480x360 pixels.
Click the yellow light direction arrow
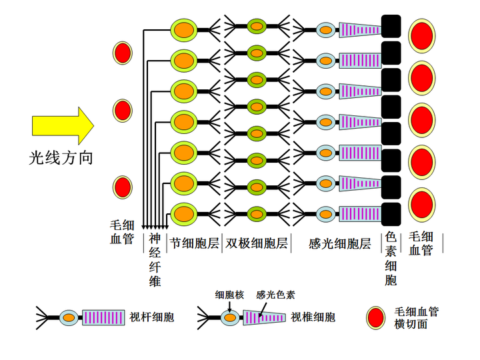pos(63,125)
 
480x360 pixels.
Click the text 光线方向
pos(61,158)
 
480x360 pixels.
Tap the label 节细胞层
pos(195,243)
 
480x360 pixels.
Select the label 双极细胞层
pos(257,243)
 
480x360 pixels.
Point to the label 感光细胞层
pos(340,244)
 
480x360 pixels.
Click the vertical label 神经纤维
pos(155,260)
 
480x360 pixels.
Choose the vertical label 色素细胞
pos(391,259)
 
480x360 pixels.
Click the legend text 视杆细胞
pos(152,317)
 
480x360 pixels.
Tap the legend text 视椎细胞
pos(313,317)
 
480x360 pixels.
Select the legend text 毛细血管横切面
pos(416,318)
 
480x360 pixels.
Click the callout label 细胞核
pos(229,295)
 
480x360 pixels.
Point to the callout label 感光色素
pos(275,295)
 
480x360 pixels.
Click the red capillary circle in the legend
pos(376,318)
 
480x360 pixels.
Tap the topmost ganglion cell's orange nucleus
pos(184,30)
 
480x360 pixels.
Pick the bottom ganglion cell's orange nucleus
pos(184,214)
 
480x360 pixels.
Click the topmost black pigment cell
pos(391,26)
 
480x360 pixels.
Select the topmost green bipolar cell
pos(257,26)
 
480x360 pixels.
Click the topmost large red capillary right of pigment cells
pos(422,36)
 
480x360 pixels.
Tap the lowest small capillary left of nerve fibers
pos(123,187)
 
